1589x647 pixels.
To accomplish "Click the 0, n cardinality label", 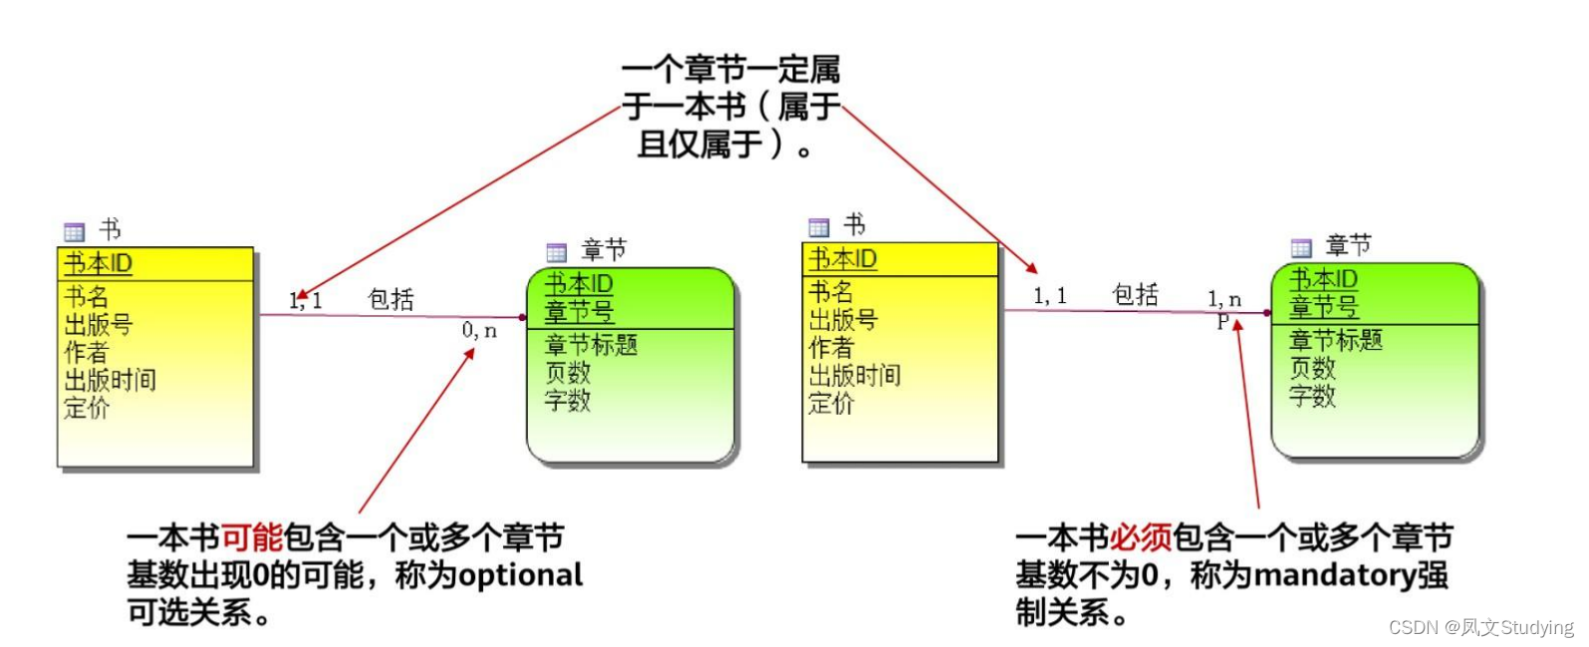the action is (x=479, y=330).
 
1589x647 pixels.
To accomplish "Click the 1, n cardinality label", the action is (x=1224, y=298).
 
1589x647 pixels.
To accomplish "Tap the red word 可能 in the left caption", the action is (x=251, y=537).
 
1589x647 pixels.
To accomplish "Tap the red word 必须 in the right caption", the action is (x=1140, y=537).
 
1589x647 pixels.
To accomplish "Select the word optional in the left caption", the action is (x=520, y=575).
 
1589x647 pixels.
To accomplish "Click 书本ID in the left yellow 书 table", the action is (x=98, y=263).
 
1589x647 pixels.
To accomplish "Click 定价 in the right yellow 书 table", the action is (x=831, y=403).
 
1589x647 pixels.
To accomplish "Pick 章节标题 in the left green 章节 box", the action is (x=591, y=345).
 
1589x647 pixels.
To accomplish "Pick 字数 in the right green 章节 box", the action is (x=1312, y=396).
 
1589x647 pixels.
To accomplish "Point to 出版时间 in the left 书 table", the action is (x=110, y=380).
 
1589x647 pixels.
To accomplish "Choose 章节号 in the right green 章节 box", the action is (x=1323, y=306).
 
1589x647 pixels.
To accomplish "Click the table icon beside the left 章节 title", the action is (x=557, y=252).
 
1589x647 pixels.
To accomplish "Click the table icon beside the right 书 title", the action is (x=819, y=227).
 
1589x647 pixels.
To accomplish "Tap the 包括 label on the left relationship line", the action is (x=391, y=299).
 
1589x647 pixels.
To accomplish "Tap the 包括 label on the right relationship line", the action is (x=1135, y=294).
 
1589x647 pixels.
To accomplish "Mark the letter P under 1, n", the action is (x=1222, y=321).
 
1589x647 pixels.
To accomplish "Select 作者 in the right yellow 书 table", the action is (x=831, y=347).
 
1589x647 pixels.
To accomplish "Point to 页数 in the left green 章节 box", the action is (x=568, y=373).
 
